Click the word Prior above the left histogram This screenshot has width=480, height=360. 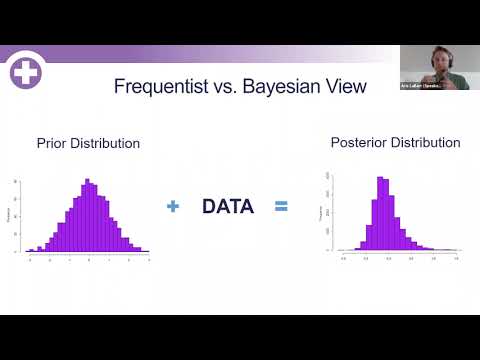[51, 144]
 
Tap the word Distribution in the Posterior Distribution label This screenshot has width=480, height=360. [426, 143]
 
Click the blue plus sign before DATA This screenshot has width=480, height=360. [173, 207]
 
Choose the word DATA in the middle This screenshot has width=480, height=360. [228, 207]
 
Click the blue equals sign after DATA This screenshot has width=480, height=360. [281, 207]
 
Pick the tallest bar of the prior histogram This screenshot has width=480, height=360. [88, 215]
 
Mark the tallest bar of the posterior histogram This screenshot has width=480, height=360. [382, 213]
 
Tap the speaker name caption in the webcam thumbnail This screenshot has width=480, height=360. [424, 86]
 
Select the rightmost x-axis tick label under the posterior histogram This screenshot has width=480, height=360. [456, 257]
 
